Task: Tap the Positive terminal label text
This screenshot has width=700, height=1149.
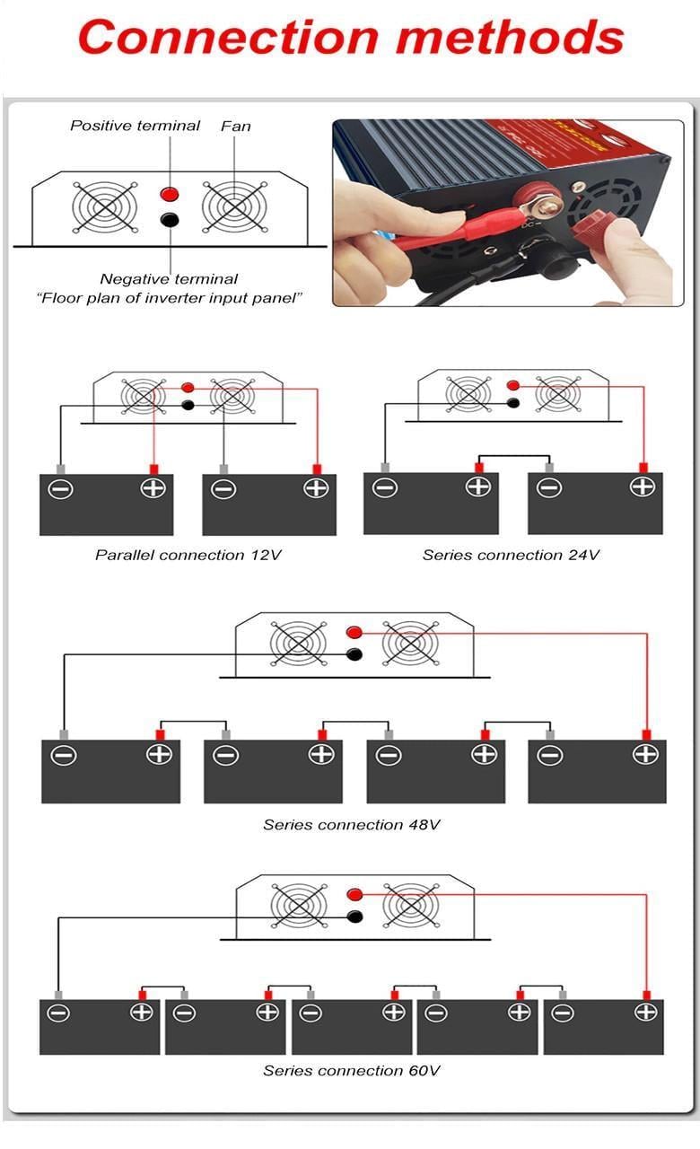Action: click(x=135, y=126)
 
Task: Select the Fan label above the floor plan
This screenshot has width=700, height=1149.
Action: click(x=236, y=126)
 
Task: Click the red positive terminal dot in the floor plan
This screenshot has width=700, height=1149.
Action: click(x=169, y=193)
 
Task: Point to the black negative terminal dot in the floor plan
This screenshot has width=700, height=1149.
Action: click(x=169, y=219)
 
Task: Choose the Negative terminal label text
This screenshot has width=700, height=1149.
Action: click(x=169, y=279)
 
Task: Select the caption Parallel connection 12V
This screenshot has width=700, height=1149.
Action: click(x=188, y=555)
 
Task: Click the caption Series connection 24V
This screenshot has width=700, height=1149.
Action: click(x=511, y=555)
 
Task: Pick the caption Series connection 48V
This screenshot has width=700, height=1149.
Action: click(x=352, y=824)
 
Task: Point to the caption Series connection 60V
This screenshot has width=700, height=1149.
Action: click(x=352, y=1070)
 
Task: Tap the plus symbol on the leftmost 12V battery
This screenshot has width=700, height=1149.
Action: click(x=153, y=488)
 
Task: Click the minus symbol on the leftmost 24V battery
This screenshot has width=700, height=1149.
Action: click(x=385, y=487)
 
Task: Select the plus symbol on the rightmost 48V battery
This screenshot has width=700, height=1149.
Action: click(x=645, y=754)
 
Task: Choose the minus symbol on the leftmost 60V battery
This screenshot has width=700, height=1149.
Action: click(x=58, y=1013)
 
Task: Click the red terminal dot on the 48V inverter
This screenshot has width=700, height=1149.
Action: click(x=354, y=632)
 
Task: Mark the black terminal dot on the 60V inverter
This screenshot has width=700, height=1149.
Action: click(x=354, y=917)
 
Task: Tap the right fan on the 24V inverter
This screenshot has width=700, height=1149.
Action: click(x=557, y=393)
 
